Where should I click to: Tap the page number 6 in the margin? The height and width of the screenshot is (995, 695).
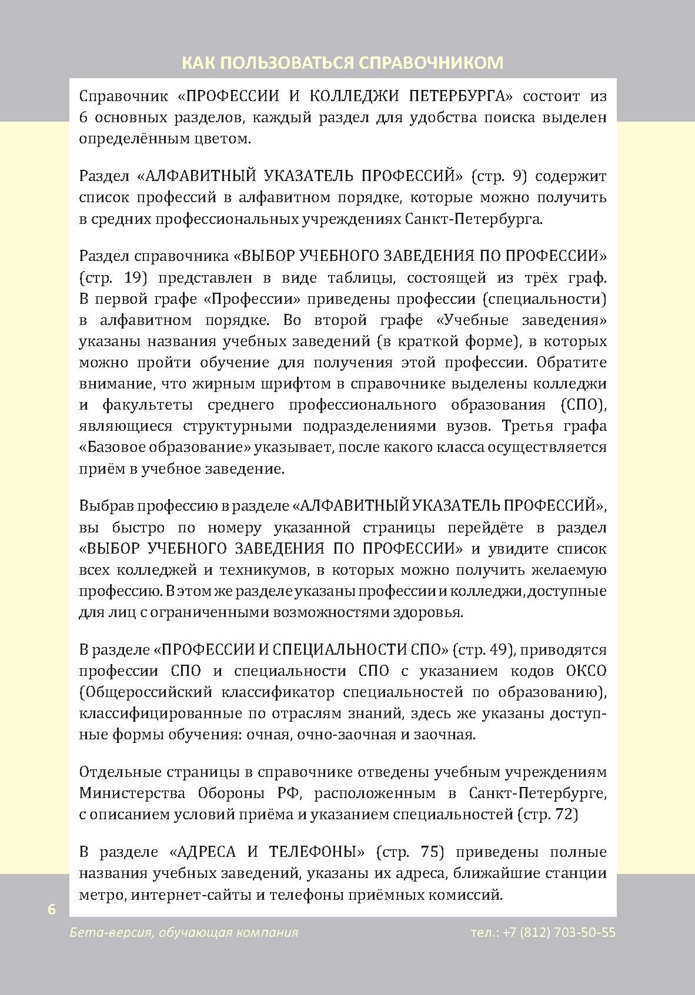[52, 909]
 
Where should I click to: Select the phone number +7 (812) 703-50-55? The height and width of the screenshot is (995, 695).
[559, 933]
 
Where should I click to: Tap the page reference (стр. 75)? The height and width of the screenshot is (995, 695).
[410, 852]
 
